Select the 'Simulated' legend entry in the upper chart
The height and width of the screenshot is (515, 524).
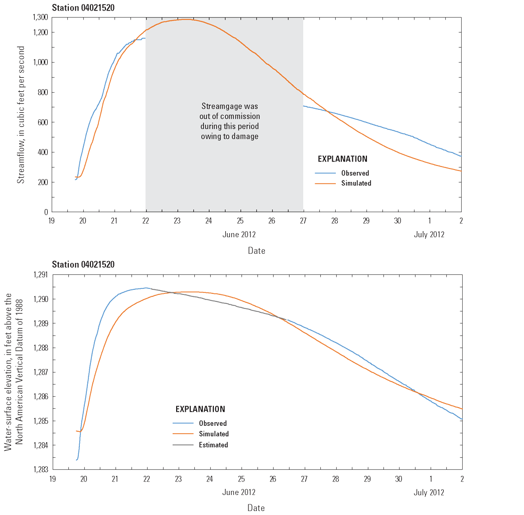point(355,184)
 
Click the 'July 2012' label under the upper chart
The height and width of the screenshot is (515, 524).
point(429,235)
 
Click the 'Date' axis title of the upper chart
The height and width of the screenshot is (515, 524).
point(256,250)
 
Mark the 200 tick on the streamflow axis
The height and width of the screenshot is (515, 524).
point(42,183)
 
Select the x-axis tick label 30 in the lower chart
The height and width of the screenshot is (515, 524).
point(398,479)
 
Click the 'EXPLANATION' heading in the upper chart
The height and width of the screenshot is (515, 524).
point(343,159)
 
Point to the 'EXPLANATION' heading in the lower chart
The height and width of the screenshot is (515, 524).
point(200,409)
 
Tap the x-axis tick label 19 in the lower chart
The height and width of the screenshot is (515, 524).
point(52,479)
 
